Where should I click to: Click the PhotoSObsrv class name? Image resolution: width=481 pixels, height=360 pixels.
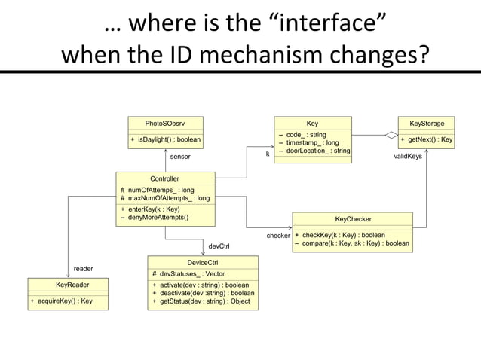coord(164,123)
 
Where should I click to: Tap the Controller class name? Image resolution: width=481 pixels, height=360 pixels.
coord(164,178)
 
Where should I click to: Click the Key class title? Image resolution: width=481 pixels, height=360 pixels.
coord(312,123)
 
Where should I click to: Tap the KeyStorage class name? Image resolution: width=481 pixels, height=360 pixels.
coord(426,123)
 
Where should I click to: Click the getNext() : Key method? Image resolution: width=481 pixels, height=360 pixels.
coord(426,140)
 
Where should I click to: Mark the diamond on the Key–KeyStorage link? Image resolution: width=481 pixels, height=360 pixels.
coord(391,136)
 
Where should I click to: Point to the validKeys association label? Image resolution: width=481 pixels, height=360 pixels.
coord(409,157)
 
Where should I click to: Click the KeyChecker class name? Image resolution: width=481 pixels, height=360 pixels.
coord(353,219)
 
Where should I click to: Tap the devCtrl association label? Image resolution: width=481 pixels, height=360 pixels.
coord(219,246)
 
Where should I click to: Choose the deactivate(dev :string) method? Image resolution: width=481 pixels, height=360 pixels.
coord(203,293)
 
